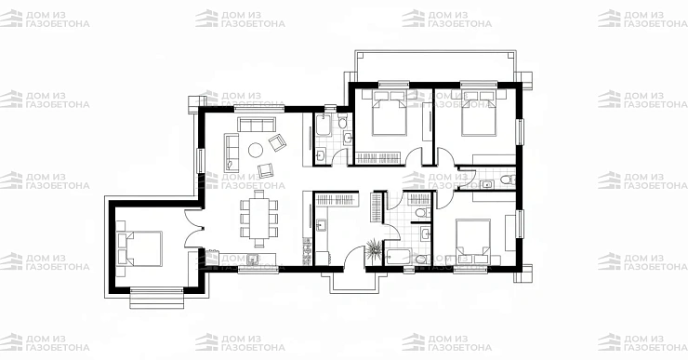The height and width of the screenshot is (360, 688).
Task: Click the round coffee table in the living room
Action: tap(256, 151)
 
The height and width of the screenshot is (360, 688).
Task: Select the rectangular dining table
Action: tap(258, 218)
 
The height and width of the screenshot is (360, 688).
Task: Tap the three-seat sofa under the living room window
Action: tap(257, 125)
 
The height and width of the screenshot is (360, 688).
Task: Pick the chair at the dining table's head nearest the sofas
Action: tap(259, 194)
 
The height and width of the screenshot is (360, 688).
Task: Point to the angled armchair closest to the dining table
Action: tap(266, 170)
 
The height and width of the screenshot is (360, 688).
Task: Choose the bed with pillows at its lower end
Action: tap(473, 242)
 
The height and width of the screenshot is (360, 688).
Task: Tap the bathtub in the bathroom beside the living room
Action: tap(324, 124)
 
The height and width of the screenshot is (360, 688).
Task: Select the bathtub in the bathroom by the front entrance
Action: tap(399, 257)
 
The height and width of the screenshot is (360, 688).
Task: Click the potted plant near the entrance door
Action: tap(374, 248)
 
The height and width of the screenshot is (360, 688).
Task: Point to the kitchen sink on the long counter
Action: tap(252, 259)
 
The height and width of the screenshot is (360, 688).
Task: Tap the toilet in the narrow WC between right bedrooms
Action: tap(509, 180)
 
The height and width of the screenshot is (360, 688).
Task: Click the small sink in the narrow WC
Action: tap(487, 184)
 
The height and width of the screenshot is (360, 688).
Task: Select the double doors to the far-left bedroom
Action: tap(193, 228)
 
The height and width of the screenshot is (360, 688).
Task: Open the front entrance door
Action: tap(354, 258)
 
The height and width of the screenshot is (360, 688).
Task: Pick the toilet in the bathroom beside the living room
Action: tap(343, 121)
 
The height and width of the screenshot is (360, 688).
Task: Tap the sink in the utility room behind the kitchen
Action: tap(321, 226)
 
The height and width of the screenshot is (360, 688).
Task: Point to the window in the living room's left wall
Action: tap(200, 161)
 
